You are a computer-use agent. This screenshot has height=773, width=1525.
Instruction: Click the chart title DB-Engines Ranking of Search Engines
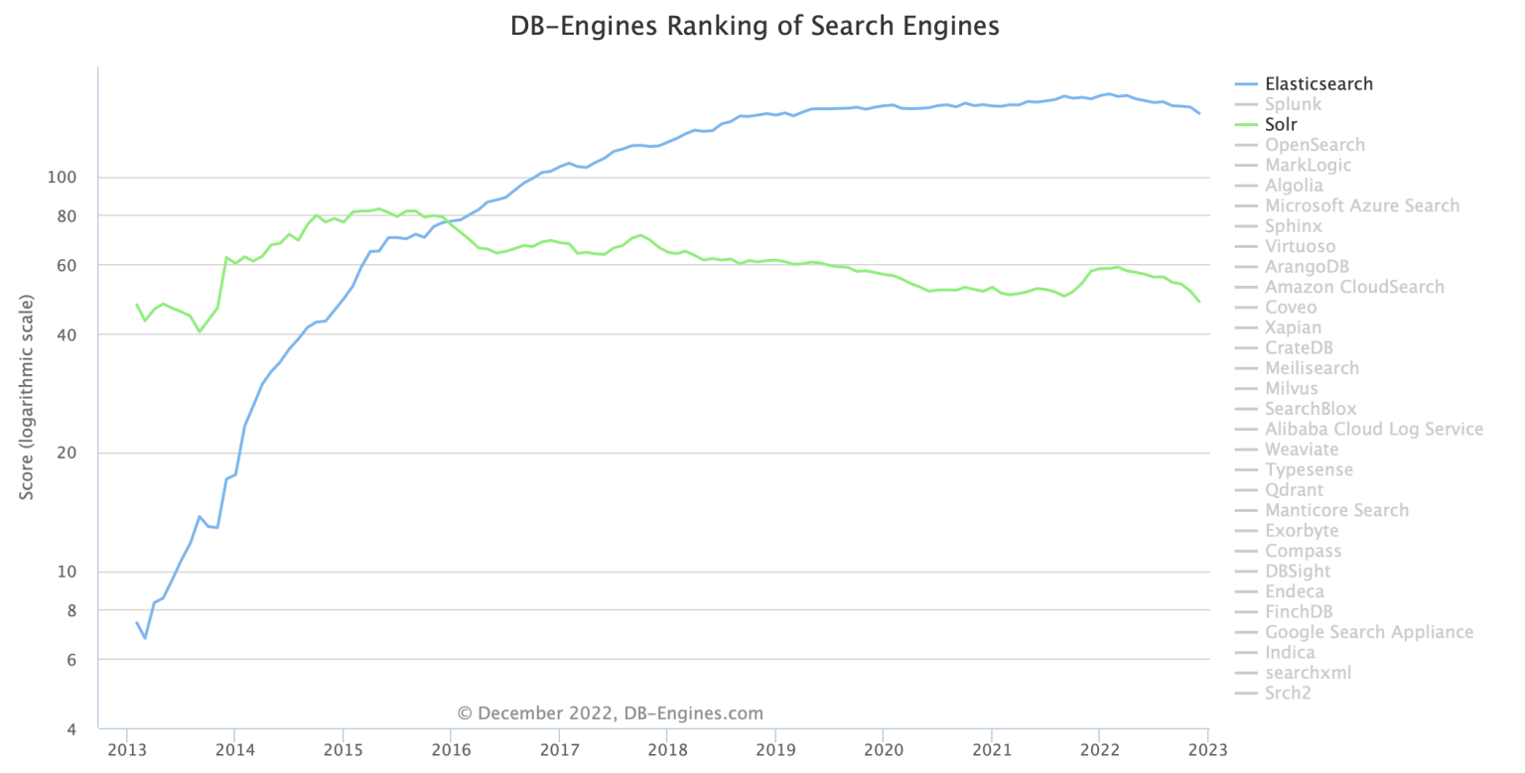click(x=755, y=27)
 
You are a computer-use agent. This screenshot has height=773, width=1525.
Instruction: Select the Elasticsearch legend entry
click(x=1317, y=84)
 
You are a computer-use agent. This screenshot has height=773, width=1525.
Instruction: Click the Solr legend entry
click(x=1281, y=125)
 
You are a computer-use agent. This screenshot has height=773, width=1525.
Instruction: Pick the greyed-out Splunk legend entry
click(x=1293, y=104)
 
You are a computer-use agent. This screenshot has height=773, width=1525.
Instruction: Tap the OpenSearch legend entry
click(x=1315, y=145)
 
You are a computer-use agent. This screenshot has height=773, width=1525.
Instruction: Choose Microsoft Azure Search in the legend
click(x=1361, y=205)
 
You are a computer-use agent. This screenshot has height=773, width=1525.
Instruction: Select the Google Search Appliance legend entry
click(x=1368, y=632)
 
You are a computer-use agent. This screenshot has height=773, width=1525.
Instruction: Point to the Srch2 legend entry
click(x=1288, y=693)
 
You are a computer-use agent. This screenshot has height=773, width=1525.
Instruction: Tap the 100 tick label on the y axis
click(x=62, y=178)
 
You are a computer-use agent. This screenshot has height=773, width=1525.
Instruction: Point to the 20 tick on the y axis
click(x=66, y=453)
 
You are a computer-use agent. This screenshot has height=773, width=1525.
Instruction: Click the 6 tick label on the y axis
click(x=70, y=660)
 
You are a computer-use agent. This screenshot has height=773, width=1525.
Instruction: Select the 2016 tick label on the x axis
click(x=450, y=748)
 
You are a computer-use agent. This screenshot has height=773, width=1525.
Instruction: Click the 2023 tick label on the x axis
click(x=1206, y=748)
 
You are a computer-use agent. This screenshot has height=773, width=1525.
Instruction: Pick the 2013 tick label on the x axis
click(x=127, y=748)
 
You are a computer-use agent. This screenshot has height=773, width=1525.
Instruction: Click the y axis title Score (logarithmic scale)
click(x=27, y=396)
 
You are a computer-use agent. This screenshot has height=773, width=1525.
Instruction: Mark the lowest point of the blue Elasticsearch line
click(x=145, y=637)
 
